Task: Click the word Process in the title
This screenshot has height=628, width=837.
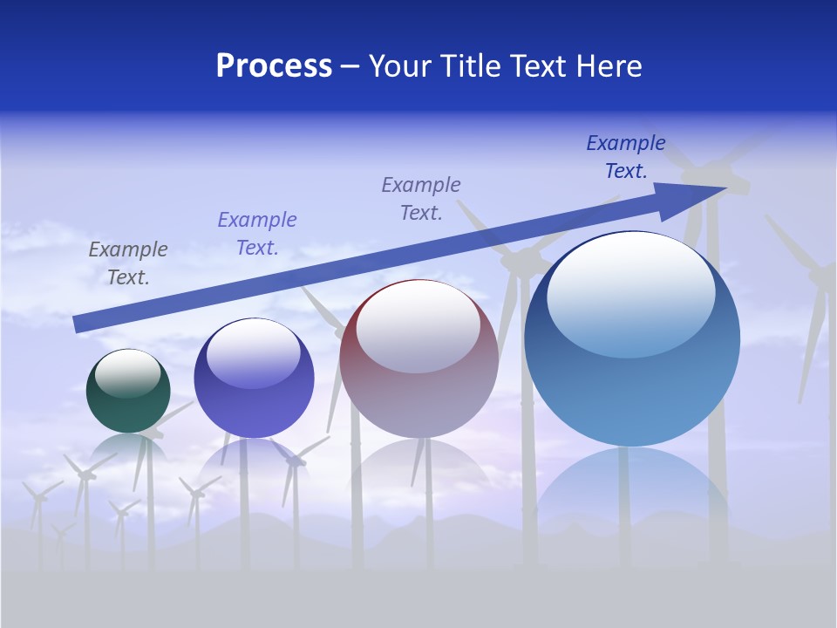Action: coord(274,66)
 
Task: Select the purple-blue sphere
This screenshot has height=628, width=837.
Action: coord(254,406)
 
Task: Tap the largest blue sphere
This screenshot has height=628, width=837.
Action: coord(632,392)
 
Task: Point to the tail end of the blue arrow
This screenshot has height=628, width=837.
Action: coord(78,324)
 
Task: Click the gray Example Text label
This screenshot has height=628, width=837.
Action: coord(128,263)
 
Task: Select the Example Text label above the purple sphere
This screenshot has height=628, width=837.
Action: coord(257,234)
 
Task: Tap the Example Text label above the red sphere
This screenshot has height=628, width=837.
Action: coord(421,198)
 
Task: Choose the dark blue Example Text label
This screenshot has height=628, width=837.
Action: coord(626,157)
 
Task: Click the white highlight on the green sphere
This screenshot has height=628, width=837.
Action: coord(127,372)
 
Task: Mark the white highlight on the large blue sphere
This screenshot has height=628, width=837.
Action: coord(630,292)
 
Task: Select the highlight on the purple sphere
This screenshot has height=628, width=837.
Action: coord(253,353)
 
